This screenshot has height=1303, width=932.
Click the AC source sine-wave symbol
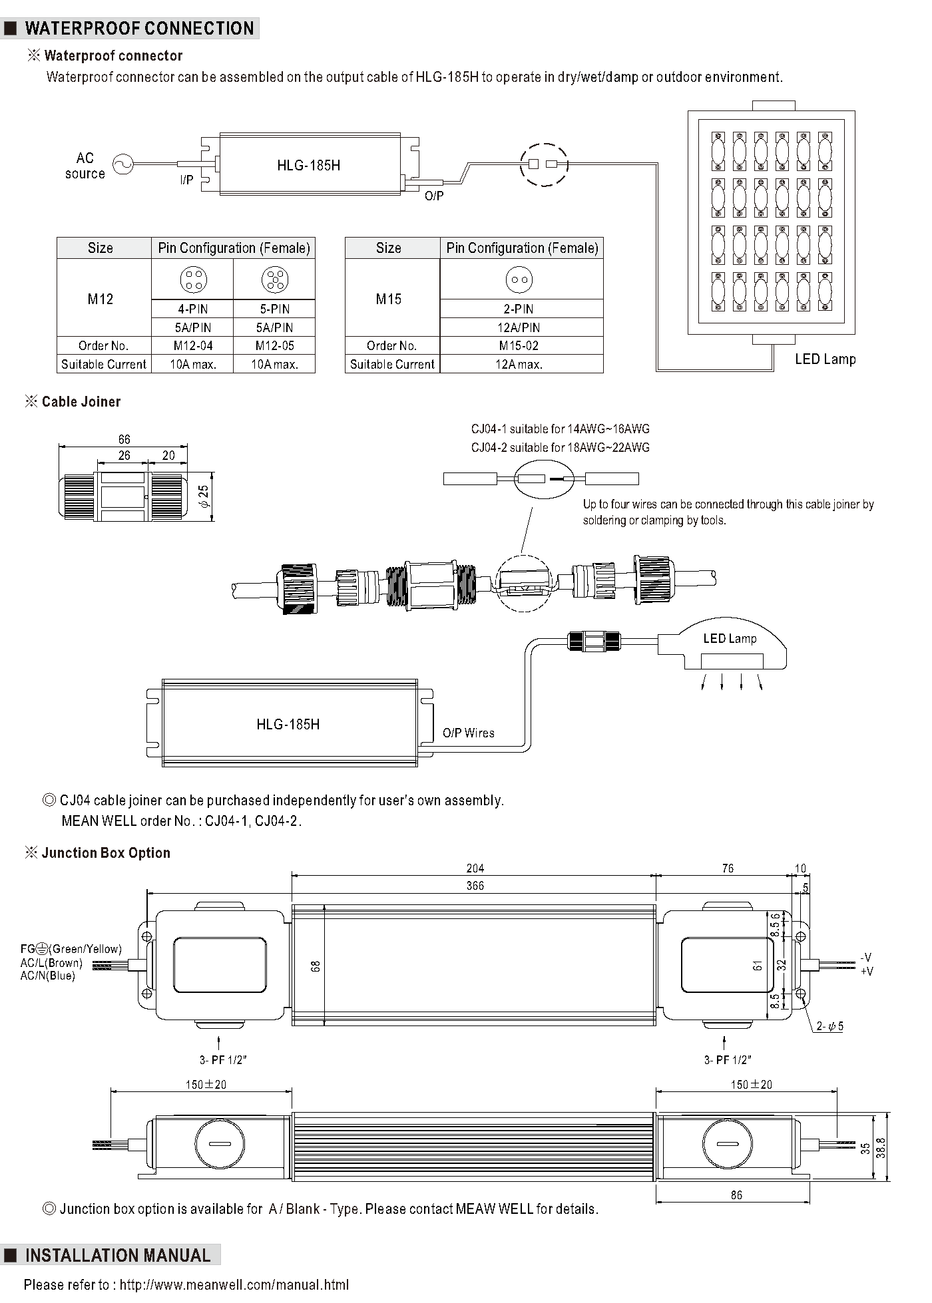tap(122, 164)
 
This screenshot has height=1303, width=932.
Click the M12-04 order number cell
tap(193, 345)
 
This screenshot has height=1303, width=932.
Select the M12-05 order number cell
tap(274, 345)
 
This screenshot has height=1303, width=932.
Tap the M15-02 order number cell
tap(519, 345)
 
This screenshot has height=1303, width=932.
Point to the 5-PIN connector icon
tap(274, 279)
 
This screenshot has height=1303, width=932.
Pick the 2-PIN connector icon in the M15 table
tap(519, 279)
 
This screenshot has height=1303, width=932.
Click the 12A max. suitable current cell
tap(519, 364)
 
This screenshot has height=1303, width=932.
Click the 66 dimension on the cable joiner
tap(124, 439)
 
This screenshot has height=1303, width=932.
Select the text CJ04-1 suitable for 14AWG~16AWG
tap(561, 429)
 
